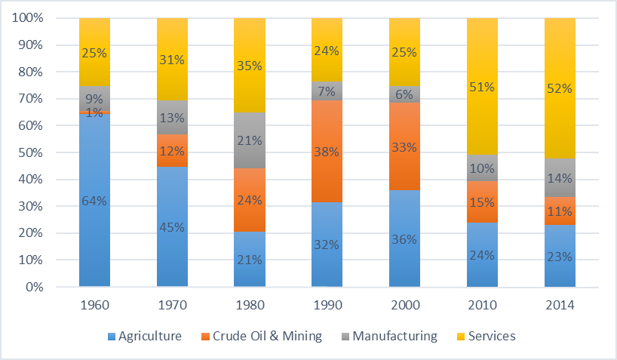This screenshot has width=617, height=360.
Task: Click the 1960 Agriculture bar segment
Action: coord(95,226)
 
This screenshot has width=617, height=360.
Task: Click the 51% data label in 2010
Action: coord(482,87)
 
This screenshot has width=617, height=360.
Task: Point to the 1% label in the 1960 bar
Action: coord(95,112)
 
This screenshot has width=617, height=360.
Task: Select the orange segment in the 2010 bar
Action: coord(482,202)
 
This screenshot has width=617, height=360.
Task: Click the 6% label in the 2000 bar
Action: coord(404,94)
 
